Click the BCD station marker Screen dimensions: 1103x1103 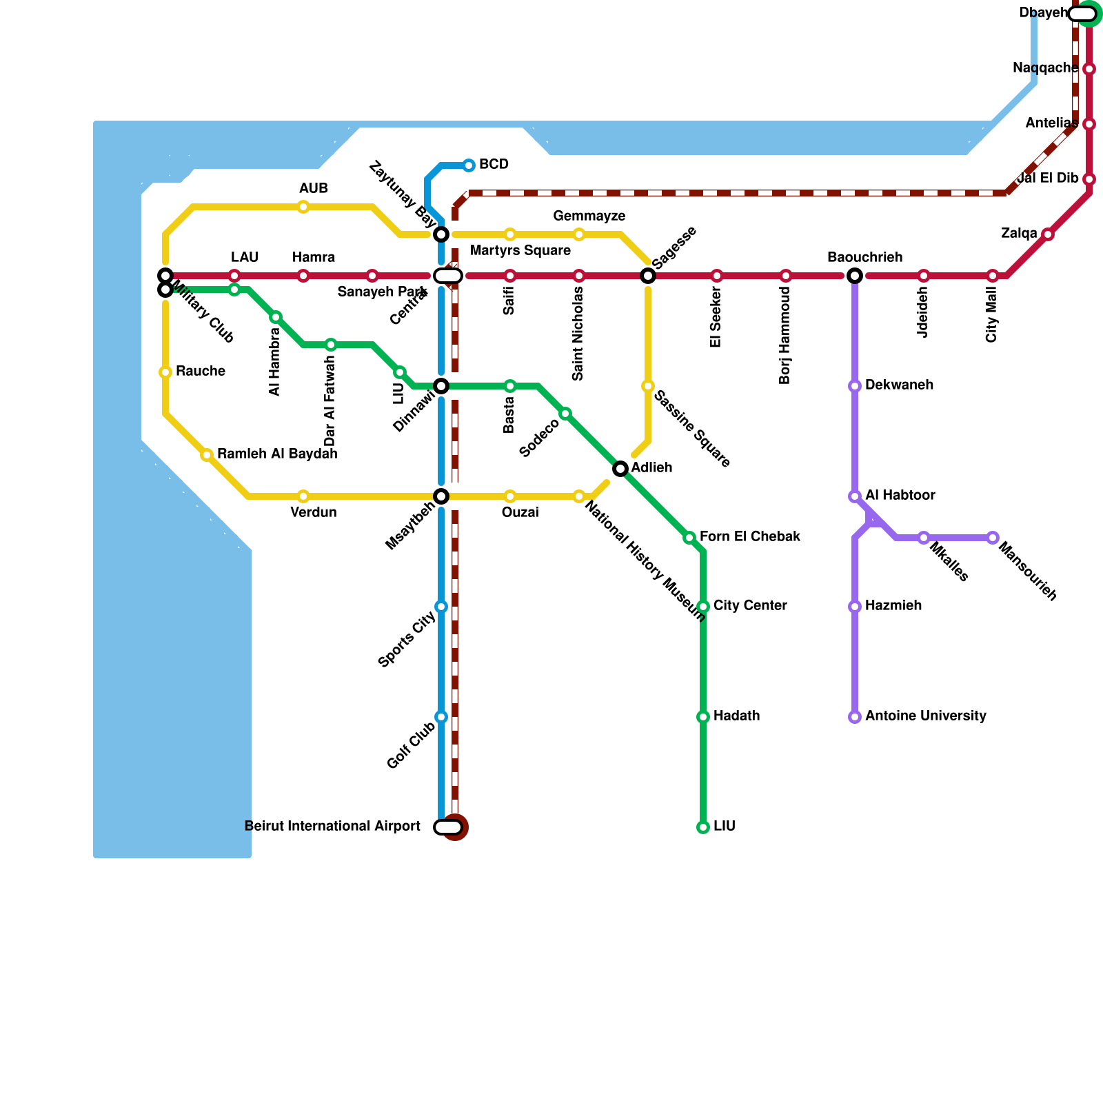pos(469,165)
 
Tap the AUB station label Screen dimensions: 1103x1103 pos(313,189)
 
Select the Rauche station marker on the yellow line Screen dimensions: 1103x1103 pos(165,372)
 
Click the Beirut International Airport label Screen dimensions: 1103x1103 pos(332,827)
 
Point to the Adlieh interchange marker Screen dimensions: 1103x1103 pos(620,469)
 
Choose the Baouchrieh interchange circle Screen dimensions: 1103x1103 pos(855,276)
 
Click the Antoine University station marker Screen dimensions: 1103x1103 pos(855,717)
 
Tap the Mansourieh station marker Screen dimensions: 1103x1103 pos(993,538)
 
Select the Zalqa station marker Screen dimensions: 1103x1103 pos(1048,234)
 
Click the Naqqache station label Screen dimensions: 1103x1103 pos(1045,68)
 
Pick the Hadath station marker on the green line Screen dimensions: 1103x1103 pos(703,717)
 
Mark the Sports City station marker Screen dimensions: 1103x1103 pos(441,607)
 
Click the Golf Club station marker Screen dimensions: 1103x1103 pos(441,717)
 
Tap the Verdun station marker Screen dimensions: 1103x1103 pos(303,496)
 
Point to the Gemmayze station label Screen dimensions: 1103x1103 pos(589,216)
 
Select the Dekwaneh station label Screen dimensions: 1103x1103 pos(899,385)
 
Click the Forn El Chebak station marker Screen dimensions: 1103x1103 pos(689,538)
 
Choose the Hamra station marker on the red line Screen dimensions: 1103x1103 pos(303,276)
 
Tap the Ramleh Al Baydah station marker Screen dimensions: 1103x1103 pos(207,455)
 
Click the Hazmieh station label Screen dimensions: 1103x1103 pos(893,606)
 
